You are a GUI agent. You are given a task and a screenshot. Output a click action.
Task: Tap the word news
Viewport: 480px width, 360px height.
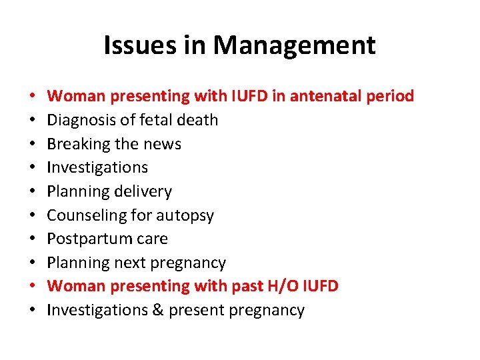[164, 144]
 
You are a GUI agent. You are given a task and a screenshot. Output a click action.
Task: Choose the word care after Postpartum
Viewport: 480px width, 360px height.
[153, 239]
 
